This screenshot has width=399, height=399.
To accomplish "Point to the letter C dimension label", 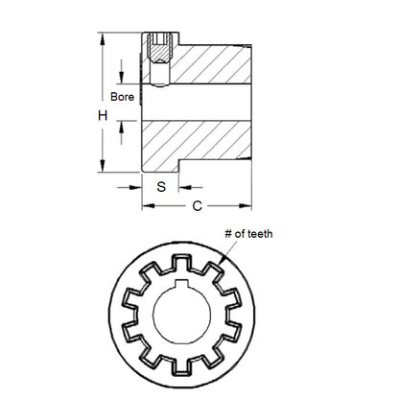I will (x=198, y=204).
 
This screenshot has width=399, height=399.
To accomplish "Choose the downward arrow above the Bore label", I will (x=124, y=78).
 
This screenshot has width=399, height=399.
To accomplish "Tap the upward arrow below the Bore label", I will (x=124, y=122).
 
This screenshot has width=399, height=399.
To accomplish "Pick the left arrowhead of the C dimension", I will (x=147, y=205).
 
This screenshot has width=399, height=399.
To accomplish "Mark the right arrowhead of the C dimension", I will (x=248, y=205).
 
